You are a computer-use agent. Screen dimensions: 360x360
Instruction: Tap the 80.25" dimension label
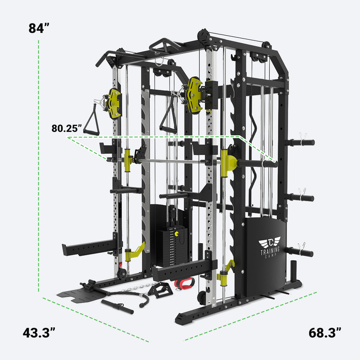click(67, 128)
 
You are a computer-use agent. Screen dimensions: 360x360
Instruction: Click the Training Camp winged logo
click(270, 243)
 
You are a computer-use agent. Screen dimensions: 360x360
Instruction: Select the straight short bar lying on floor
click(117, 306)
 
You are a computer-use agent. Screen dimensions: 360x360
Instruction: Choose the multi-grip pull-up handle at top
click(165, 46)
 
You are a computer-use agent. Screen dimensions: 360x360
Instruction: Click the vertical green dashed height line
click(38, 165)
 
